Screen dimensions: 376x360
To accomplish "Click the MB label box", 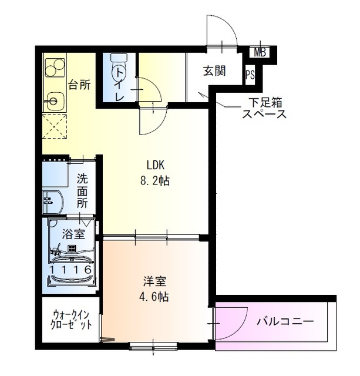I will (x=260, y=52).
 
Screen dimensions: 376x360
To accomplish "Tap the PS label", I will (x=250, y=75).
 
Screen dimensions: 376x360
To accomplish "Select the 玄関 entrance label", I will (x=215, y=72).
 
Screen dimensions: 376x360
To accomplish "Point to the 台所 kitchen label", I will (x=79, y=85).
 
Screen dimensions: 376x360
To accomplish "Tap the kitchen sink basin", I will (x=54, y=102).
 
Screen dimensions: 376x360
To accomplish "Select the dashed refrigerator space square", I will (x=55, y=126).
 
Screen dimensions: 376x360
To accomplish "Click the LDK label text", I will (x=156, y=166).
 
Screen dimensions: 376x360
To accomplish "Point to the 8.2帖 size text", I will (x=156, y=181).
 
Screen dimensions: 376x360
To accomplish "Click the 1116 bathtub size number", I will (x=71, y=270).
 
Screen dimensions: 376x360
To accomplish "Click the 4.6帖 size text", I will (x=156, y=297).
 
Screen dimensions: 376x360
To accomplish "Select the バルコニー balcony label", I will (x=285, y=321).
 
